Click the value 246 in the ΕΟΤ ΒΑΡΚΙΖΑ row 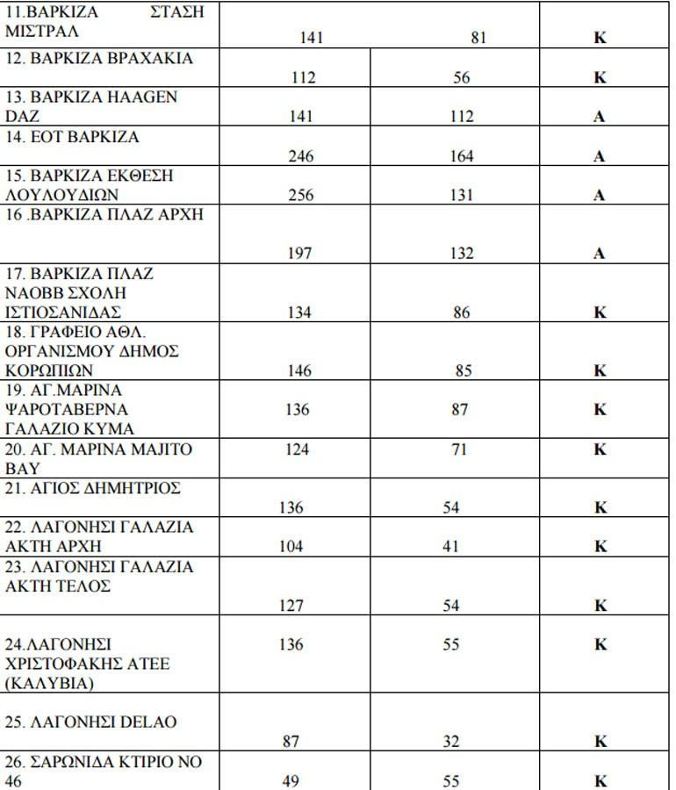pos(300,157)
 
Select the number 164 pos(461,157)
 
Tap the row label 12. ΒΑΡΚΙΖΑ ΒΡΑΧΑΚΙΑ pos(99,58)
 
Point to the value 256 pos(300,196)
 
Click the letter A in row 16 pos(600,254)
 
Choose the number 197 pos(300,254)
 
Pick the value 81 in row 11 pos(478,38)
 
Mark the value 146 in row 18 pos(299,370)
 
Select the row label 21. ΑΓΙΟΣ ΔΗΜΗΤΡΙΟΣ pos(93,489)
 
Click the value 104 pos(291,546)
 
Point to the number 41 pos(451,546)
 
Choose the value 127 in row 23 pos(291,606)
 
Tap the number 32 pos(451,742)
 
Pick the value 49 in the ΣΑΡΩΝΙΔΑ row pos(291,780)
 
